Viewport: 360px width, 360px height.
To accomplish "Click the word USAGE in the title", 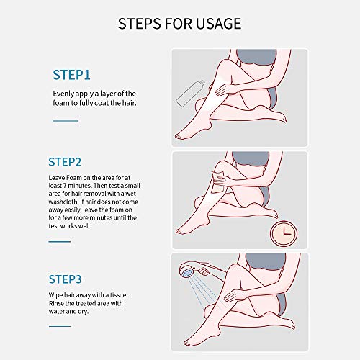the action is tap(218, 24).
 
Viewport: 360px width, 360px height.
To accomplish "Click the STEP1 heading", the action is tap(71, 75).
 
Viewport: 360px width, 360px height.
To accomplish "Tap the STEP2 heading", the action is tap(65, 162).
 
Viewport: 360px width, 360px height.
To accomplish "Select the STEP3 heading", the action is tap(65, 279).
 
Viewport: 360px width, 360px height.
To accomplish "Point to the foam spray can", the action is tap(190, 94).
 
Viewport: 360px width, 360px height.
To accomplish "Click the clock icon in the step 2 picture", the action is tap(284, 233).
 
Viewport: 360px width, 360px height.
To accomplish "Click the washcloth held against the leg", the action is tap(218, 181).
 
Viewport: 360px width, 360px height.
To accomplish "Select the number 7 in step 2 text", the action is tap(65, 186).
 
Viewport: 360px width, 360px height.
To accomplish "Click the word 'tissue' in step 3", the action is tap(119, 295).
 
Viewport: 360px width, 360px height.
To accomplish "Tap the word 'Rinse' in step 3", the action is tap(56, 303).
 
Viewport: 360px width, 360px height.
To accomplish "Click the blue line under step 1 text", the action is tap(66, 121).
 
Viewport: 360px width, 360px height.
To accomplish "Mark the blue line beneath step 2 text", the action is tap(60, 241).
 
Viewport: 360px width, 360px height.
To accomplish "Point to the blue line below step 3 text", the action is tap(60, 326).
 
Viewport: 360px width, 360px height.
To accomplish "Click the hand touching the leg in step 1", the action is tap(224, 89).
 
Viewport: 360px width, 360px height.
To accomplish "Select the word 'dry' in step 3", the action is tap(83, 312).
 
